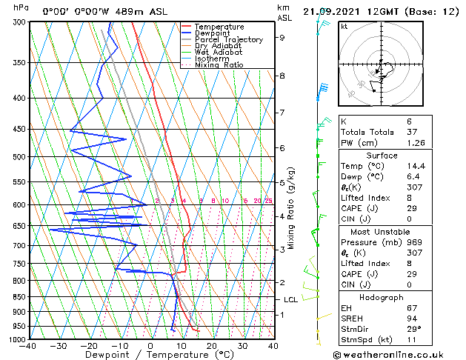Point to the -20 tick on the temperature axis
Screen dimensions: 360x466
89,346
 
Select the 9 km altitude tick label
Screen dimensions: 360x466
282,37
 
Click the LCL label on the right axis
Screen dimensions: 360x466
291,299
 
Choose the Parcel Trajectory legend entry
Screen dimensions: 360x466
228,39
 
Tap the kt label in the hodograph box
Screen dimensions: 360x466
344,26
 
